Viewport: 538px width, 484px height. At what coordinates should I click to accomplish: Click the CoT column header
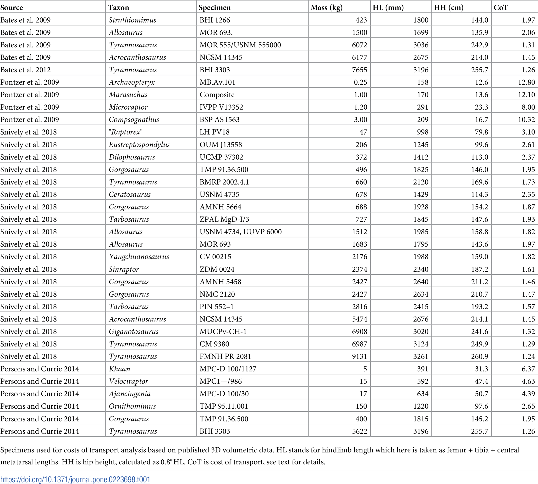[x=500, y=7]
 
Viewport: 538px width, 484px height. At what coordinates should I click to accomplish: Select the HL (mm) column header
[x=388, y=7]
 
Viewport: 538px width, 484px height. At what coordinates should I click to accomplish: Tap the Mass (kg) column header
[x=327, y=7]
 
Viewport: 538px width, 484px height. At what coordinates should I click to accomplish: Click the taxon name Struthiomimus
[x=132, y=20]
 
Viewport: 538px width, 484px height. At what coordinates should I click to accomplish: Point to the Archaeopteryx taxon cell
[x=132, y=82]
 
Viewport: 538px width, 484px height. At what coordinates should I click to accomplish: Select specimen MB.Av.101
[x=217, y=82]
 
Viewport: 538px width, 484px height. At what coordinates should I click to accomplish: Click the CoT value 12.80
[x=526, y=82]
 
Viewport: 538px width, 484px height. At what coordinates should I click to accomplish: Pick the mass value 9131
[x=359, y=356]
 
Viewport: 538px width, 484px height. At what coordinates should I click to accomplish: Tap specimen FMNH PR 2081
[x=225, y=356]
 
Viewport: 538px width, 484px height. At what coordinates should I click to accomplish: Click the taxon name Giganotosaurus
[x=134, y=331]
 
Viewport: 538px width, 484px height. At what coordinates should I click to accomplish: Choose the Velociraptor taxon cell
[x=128, y=381]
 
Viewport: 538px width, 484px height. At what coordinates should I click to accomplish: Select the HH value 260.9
[x=480, y=356]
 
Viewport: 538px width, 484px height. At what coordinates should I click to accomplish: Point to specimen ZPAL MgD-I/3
[x=224, y=219]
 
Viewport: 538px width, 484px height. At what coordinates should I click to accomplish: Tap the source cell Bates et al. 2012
[x=26, y=70]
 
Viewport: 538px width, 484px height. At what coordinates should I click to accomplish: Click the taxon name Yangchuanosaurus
[x=139, y=257]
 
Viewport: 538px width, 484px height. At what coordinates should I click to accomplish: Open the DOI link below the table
[x=75, y=479]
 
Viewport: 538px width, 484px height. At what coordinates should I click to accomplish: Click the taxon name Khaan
[x=119, y=369]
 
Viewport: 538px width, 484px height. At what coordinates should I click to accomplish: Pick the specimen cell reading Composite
[x=217, y=95]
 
